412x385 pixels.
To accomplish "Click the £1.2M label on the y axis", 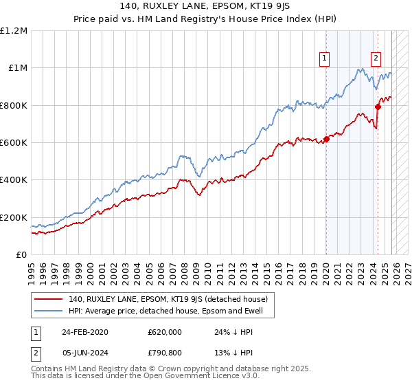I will tap(14, 31).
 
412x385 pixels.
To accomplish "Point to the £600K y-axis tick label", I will tap(14, 143).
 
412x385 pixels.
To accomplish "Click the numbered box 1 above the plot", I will tap(324, 59).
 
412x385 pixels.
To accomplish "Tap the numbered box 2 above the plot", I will tap(376, 59).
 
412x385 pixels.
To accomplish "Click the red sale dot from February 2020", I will tap(326, 140).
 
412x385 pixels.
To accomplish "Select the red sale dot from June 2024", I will tap(378, 107).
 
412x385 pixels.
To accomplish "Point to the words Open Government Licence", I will tap(161, 377).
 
